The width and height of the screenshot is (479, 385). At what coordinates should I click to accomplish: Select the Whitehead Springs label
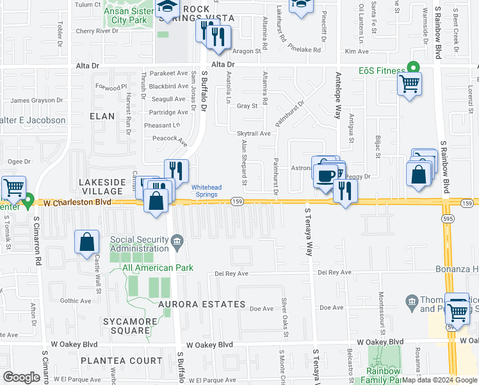click(x=207, y=191)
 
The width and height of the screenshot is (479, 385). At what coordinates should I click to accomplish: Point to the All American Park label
click(x=147, y=268)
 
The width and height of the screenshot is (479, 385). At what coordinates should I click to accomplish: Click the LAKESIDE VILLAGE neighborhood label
click(x=101, y=187)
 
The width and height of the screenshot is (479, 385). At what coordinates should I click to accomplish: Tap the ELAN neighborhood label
click(x=102, y=116)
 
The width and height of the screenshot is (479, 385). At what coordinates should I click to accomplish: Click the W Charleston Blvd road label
click(x=76, y=202)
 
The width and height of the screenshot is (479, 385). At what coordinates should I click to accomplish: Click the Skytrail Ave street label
click(x=254, y=133)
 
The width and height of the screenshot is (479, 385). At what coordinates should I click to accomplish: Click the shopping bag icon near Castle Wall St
click(x=87, y=243)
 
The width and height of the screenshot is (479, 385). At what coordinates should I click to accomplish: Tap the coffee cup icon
click(x=325, y=174)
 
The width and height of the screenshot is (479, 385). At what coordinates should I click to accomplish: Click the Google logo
click(x=22, y=377)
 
